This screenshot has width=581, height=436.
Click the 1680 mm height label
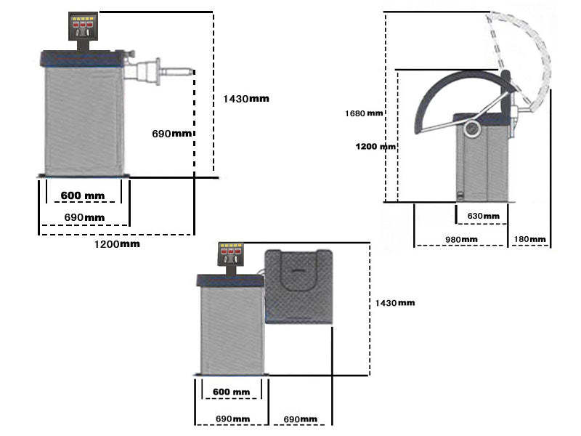pos(364,113)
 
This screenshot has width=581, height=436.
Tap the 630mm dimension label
pos(484,216)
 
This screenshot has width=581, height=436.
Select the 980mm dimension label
pos(460,239)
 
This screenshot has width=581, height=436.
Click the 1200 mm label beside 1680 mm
pos(375,146)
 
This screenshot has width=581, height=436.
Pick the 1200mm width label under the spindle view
pos(116,244)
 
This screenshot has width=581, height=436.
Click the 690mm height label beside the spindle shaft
pos(172,134)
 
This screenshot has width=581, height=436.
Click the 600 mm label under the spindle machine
pos(82,196)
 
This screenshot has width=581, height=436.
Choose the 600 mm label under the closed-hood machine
pos(231,392)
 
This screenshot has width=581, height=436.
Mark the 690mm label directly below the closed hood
pos(299,419)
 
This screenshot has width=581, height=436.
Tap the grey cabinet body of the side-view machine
pos(482,163)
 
